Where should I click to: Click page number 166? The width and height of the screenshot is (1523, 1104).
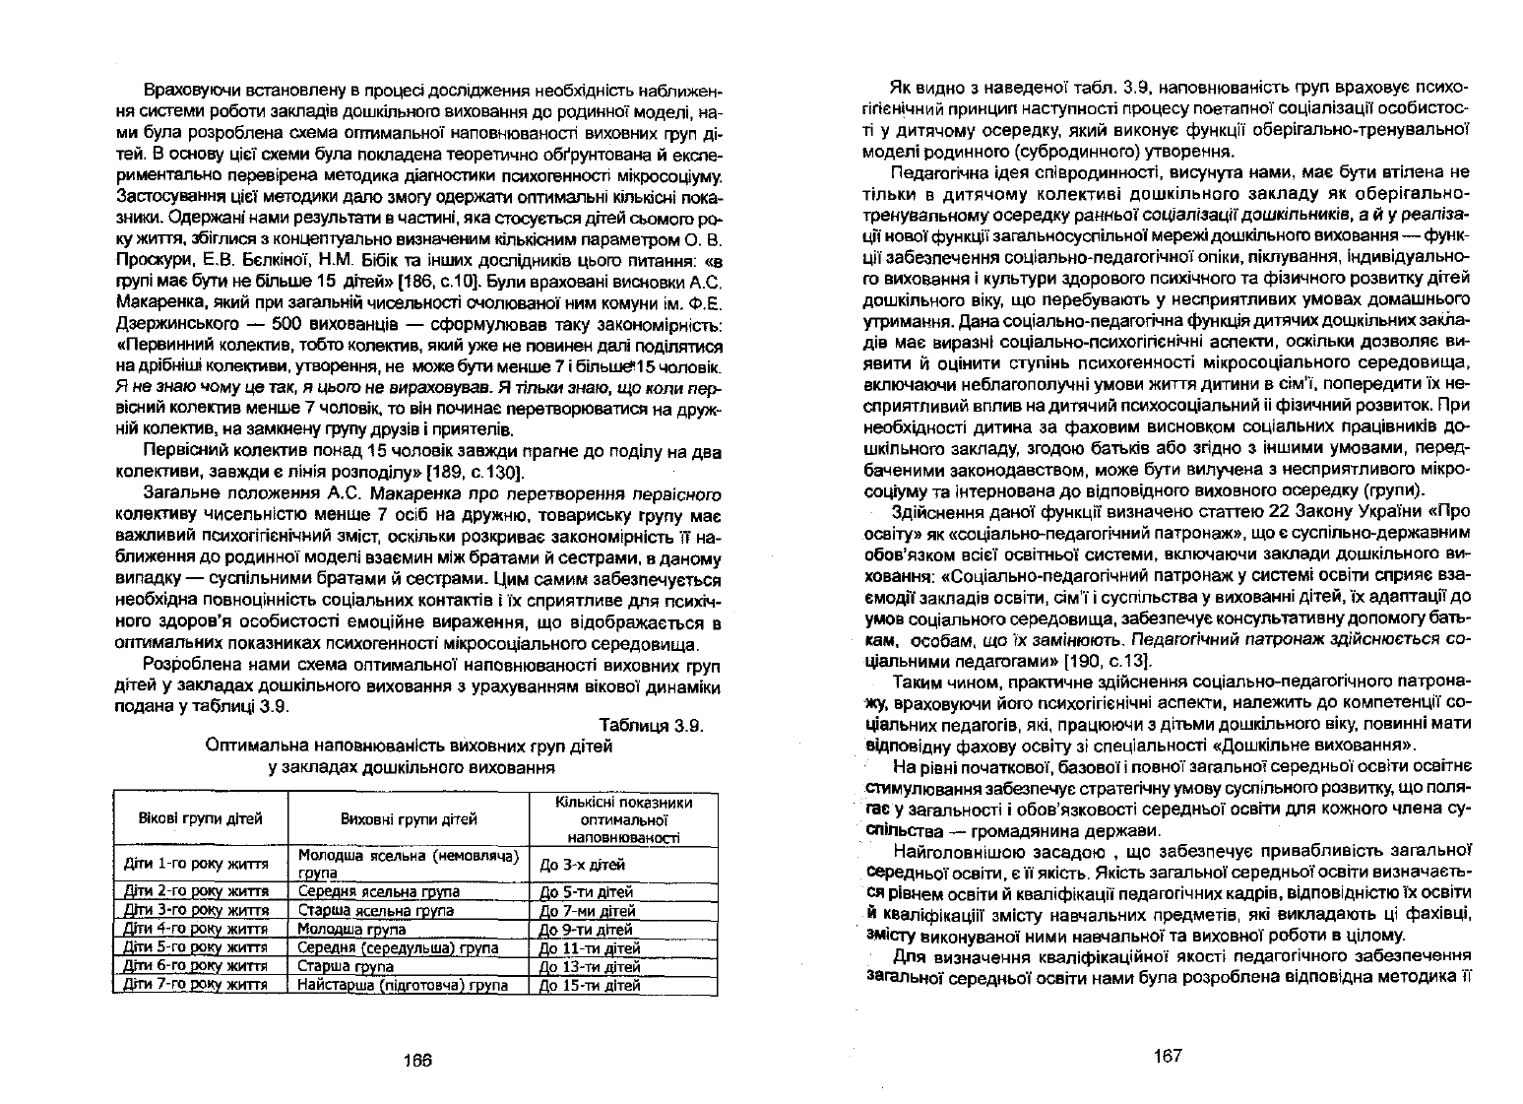pos(418,1060)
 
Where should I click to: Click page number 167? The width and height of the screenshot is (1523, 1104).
pos(1167,1056)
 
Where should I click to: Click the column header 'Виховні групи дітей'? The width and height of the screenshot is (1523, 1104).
pos(409,818)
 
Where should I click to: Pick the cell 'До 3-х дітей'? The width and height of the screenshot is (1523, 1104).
pos(583,865)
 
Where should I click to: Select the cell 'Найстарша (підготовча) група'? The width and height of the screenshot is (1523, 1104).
pos(403,984)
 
